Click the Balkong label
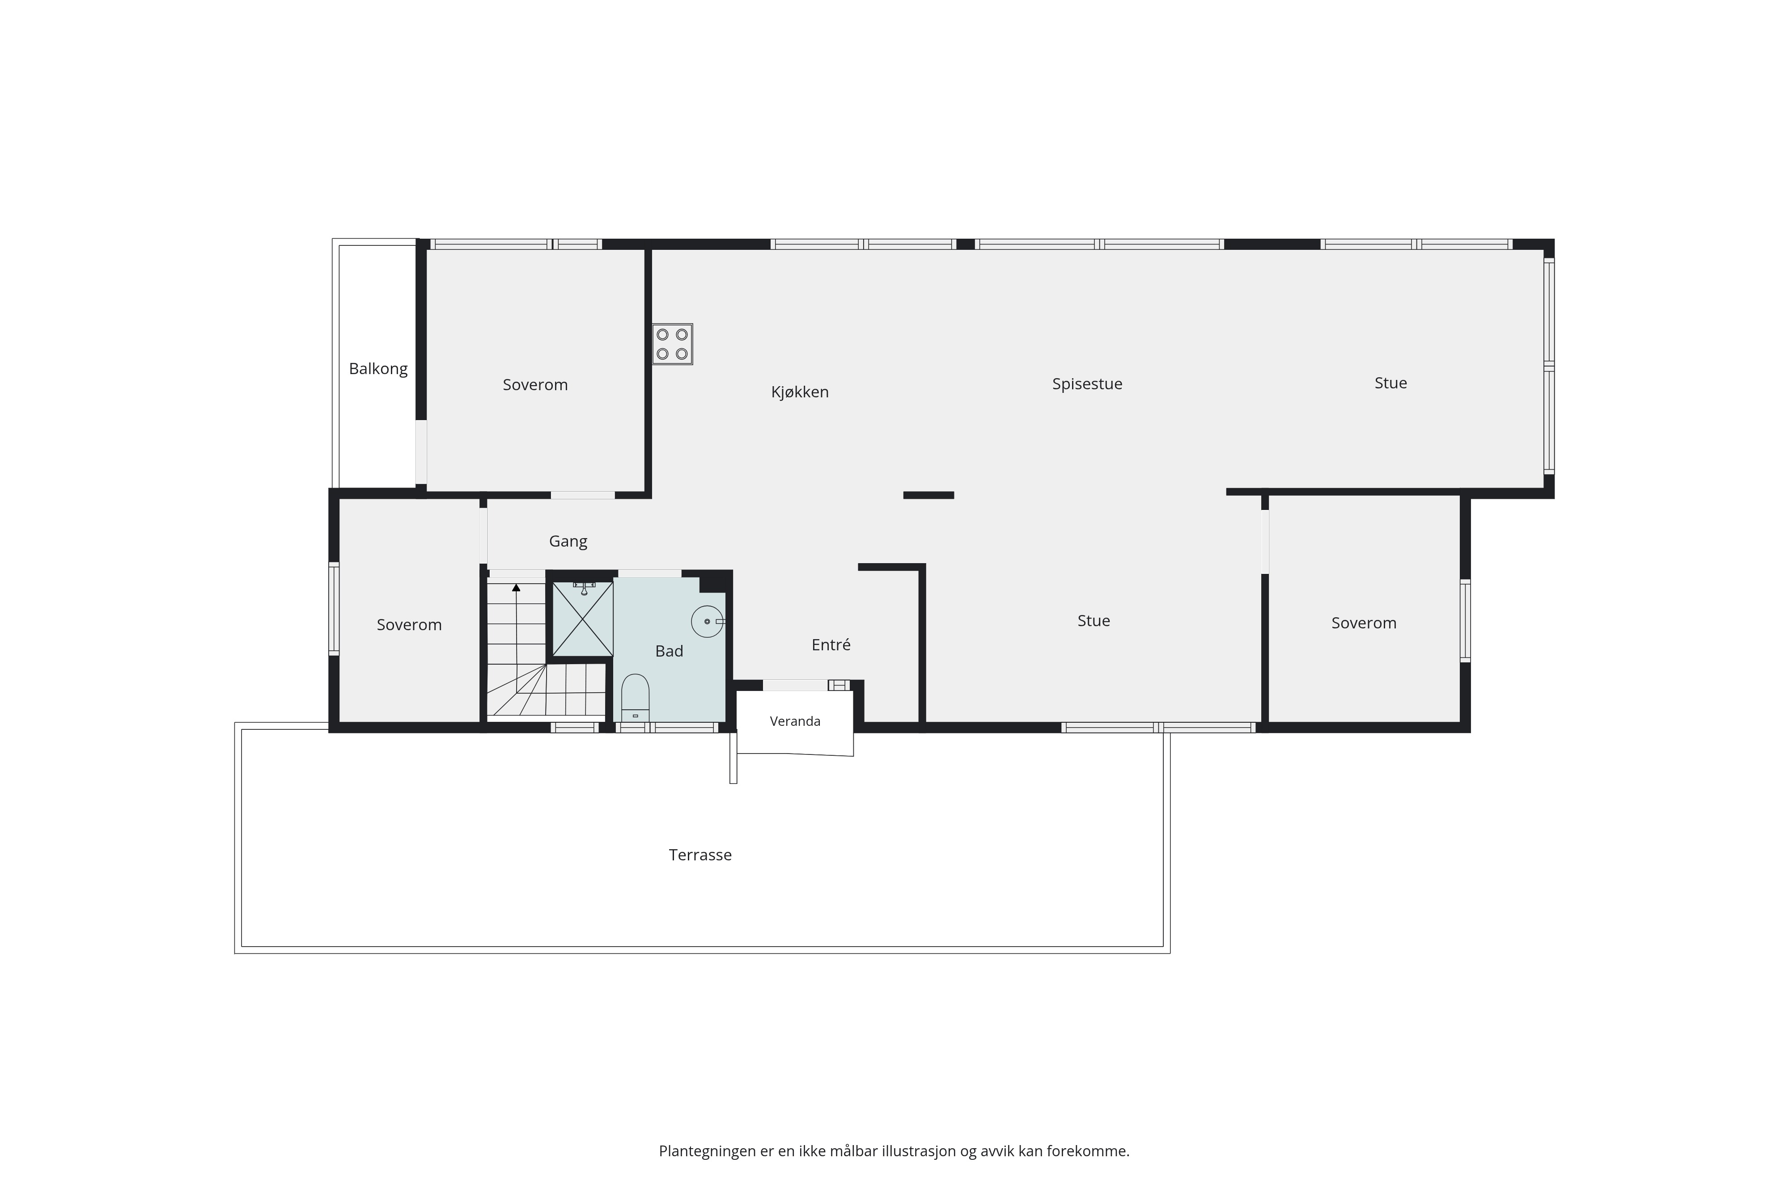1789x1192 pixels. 378,369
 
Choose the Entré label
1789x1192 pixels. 831,644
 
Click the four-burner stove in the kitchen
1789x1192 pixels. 672,345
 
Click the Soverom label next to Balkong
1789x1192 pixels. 535,385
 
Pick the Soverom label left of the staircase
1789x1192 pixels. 409,625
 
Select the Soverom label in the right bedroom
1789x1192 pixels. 1364,623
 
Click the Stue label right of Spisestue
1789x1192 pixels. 1391,383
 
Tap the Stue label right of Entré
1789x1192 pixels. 1094,621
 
